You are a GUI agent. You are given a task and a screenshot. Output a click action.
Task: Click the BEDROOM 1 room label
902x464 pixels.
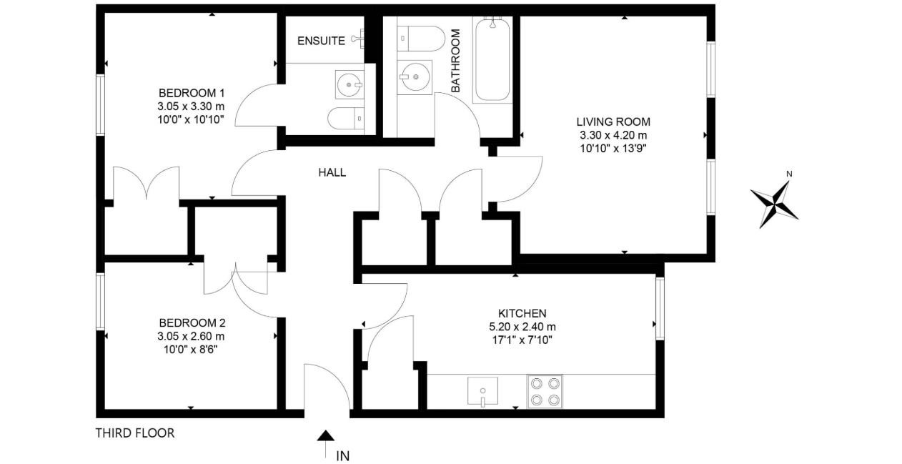192,93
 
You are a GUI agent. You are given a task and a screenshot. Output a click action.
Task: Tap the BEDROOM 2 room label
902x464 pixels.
192,322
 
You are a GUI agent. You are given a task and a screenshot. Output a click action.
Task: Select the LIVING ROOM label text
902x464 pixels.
613,122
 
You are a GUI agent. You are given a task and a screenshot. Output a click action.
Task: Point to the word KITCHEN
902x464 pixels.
522,313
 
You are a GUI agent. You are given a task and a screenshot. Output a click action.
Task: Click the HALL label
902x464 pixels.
332,172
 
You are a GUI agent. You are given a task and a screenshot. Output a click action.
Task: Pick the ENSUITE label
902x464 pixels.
321,41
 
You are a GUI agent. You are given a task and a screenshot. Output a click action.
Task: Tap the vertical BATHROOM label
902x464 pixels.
455,61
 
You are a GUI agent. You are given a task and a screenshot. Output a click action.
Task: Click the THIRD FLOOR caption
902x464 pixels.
135,433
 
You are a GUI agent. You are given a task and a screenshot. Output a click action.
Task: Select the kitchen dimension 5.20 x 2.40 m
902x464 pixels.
522,327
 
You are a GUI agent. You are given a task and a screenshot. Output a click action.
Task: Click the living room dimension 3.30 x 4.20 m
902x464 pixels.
613,135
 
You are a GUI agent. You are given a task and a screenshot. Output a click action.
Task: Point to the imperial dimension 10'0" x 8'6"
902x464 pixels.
190,349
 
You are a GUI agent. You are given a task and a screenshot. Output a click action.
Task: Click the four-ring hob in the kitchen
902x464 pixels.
545,392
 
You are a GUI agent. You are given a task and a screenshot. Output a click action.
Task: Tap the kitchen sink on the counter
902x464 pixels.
482,391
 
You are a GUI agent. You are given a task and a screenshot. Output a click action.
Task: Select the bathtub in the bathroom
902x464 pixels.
492,59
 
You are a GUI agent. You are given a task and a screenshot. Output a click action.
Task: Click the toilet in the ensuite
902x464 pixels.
346,119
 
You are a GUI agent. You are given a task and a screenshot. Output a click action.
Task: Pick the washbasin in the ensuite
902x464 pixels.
350,84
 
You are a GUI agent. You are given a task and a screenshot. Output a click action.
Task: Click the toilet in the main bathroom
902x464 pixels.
421,39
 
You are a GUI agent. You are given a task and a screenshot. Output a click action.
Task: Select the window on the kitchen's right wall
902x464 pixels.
660,308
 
